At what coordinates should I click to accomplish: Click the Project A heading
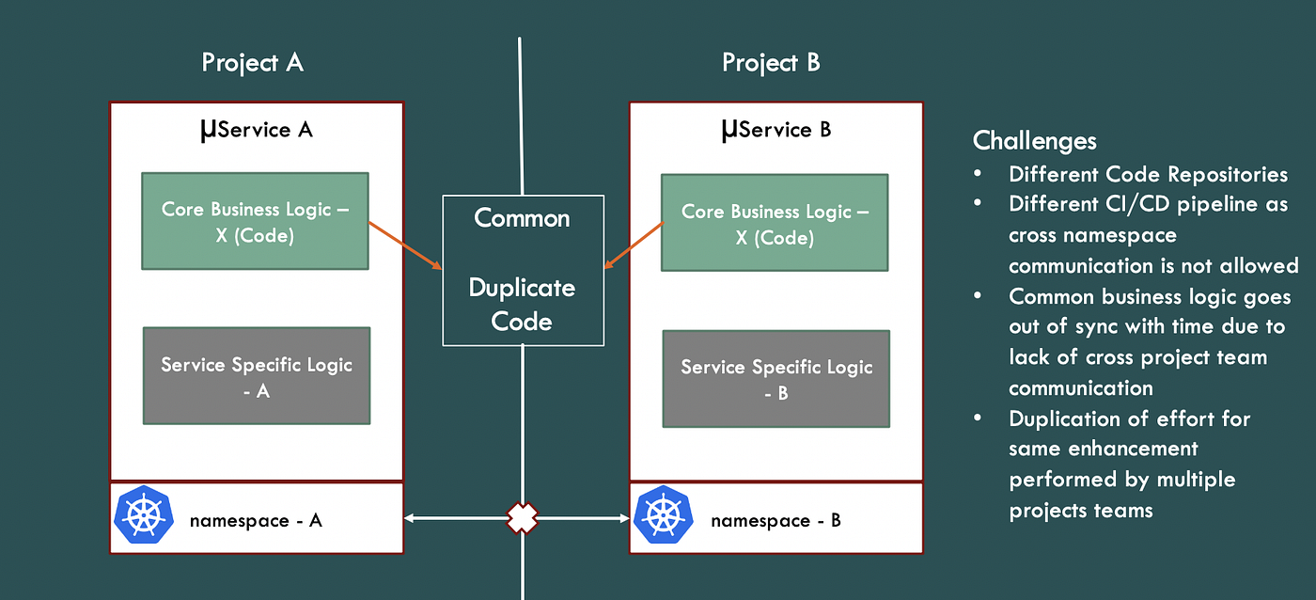[252, 63]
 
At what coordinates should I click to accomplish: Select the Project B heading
[771, 63]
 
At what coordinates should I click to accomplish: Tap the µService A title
[256, 129]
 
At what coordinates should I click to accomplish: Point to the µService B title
[775, 129]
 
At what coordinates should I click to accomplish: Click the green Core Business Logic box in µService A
[255, 221]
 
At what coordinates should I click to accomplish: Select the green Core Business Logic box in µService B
[775, 223]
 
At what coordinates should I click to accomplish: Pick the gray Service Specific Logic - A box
[257, 375]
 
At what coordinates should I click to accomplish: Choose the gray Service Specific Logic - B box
[775, 379]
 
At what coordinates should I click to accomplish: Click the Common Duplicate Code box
[523, 270]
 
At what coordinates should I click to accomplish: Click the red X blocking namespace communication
[523, 518]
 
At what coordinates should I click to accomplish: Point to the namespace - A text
[256, 520]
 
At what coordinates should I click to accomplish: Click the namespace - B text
[775, 520]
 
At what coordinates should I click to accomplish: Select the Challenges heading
[1034, 141]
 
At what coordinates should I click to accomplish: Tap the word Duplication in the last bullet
[1063, 418]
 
